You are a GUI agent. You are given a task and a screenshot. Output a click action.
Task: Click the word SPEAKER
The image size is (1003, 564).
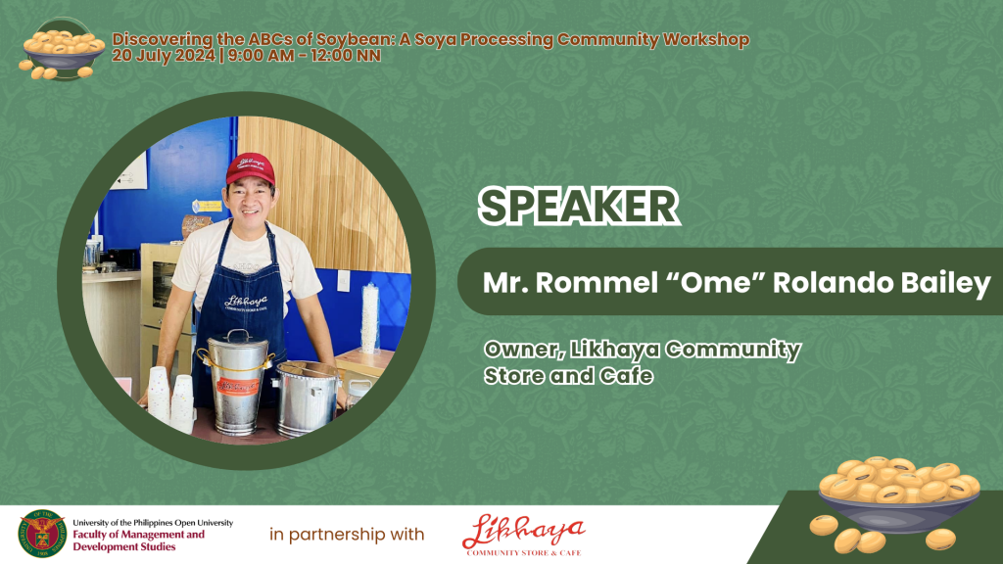click(578, 206)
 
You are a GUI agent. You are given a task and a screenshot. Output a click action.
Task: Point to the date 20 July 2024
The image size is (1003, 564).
click(164, 56)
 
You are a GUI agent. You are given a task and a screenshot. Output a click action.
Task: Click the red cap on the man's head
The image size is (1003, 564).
click(251, 168)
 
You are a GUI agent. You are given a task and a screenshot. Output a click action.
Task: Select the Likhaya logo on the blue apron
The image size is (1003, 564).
click(246, 302)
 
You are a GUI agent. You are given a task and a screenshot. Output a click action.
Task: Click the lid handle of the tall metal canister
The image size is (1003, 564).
click(238, 335)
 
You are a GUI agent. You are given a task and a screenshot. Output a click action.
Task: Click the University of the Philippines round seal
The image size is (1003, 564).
click(42, 534)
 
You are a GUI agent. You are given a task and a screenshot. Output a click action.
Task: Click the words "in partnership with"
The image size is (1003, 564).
click(347, 535)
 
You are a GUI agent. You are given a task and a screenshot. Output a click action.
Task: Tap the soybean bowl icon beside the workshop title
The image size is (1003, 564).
click(62, 49)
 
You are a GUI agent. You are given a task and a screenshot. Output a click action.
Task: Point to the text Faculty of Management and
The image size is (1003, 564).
click(139, 535)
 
